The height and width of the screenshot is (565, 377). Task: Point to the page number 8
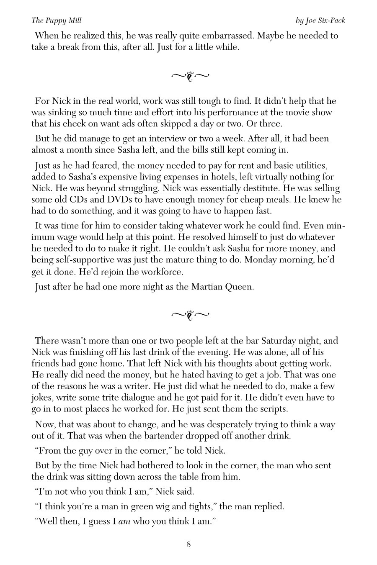point(189,544)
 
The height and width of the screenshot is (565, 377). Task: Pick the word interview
point(180,138)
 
